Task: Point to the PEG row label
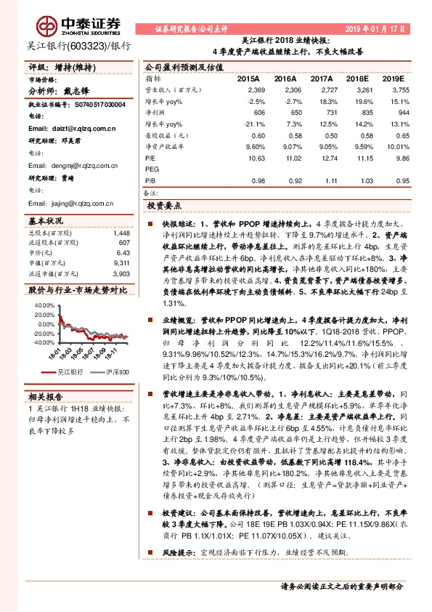[x=152, y=169]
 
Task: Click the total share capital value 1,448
[x=121, y=233]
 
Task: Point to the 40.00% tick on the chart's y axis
[x=44, y=305]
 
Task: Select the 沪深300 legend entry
[x=115, y=371]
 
